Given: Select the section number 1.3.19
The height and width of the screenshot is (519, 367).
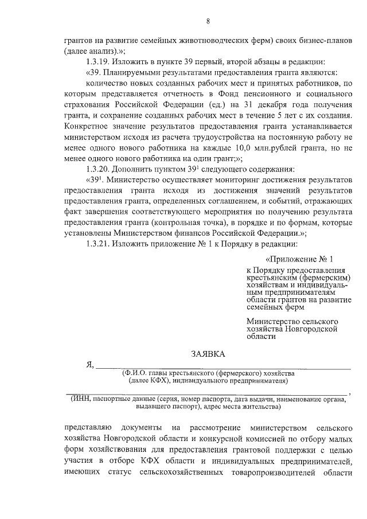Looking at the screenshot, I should (98, 61).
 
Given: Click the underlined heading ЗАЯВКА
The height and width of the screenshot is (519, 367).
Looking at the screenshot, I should (208, 354).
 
